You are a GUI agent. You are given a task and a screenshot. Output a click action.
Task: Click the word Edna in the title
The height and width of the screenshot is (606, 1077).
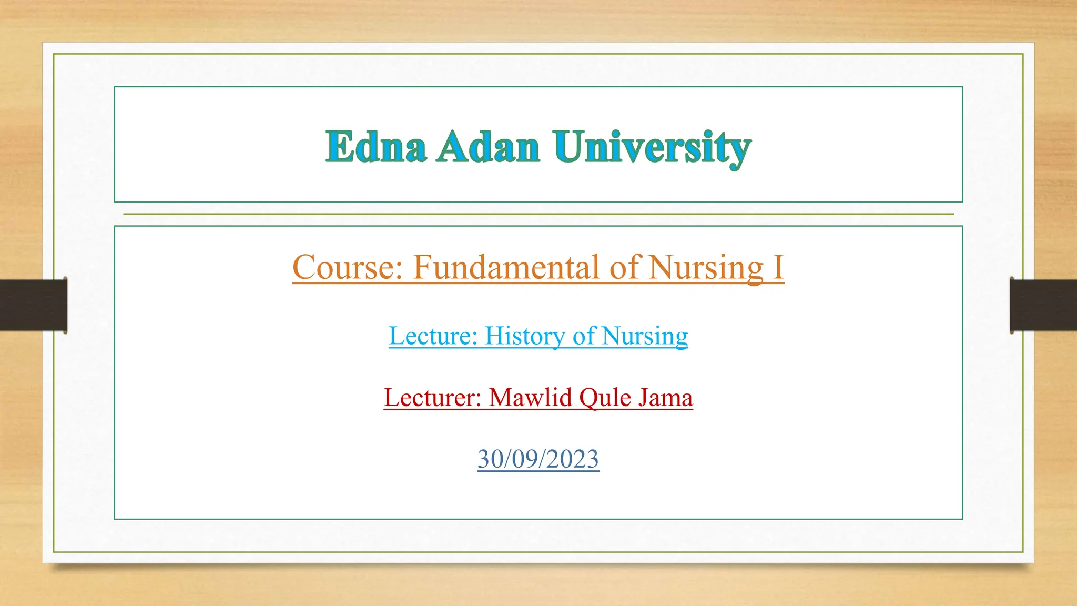coord(375,147)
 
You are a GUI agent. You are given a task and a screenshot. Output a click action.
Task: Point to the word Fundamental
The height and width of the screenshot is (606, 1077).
coord(506,267)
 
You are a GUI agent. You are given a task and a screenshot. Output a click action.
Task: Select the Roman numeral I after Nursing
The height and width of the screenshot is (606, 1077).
coord(778,267)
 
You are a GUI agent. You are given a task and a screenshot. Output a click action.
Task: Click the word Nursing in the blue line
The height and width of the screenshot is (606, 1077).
coord(645,337)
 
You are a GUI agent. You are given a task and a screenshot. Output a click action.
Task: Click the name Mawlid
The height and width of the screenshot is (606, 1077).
coord(530,397)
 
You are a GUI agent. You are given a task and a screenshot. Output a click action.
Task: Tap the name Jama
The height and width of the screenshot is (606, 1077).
coord(666,397)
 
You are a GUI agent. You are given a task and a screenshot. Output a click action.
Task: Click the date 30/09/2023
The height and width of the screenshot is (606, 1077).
coord(538,459)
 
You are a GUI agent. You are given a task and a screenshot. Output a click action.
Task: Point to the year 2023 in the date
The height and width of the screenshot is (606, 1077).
coord(572,459)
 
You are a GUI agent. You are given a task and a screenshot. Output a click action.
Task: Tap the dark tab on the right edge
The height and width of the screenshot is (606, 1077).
coord(1043,305)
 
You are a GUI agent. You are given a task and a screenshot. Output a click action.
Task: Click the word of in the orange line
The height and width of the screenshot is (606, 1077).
coord(625,267)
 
